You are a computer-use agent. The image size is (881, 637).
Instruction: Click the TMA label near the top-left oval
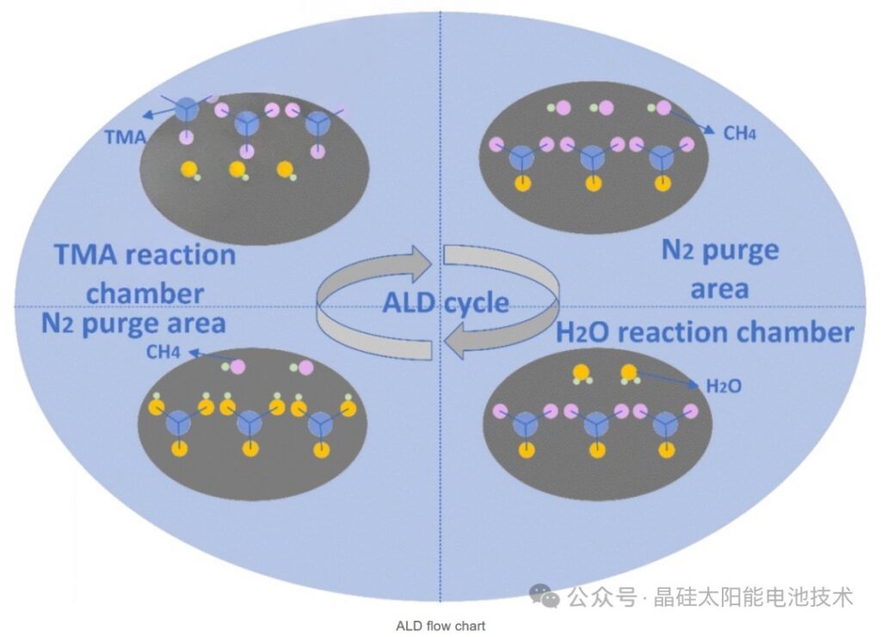click(x=126, y=137)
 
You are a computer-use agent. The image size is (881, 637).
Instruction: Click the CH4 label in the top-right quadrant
click(x=739, y=133)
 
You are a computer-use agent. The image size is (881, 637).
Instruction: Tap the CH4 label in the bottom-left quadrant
click(x=163, y=352)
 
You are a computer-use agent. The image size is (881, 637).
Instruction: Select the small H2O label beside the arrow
click(x=724, y=387)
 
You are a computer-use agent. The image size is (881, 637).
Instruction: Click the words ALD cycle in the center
click(x=447, y=303)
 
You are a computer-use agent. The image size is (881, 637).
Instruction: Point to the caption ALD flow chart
click(x=440, y=626)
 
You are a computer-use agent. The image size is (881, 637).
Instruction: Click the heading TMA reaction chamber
click(x=145, y=274)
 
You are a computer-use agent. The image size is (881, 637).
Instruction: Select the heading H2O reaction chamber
click(x=705, y=332)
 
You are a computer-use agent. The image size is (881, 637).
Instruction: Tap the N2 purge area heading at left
click(x=133, y=325)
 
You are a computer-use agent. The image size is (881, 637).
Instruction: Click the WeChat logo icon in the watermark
click(x=544, y=596)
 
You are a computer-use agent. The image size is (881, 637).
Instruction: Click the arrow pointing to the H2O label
click(x=668, y=379)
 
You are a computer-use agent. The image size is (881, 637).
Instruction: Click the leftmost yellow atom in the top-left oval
click(x=189, y=169)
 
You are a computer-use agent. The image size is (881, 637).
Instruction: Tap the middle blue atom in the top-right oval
click(x=593, y=158)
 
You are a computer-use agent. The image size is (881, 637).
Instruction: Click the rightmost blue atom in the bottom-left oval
click(x=320, y=423)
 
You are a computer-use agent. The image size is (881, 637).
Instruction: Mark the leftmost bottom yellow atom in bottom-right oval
click(x=527, y=450)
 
